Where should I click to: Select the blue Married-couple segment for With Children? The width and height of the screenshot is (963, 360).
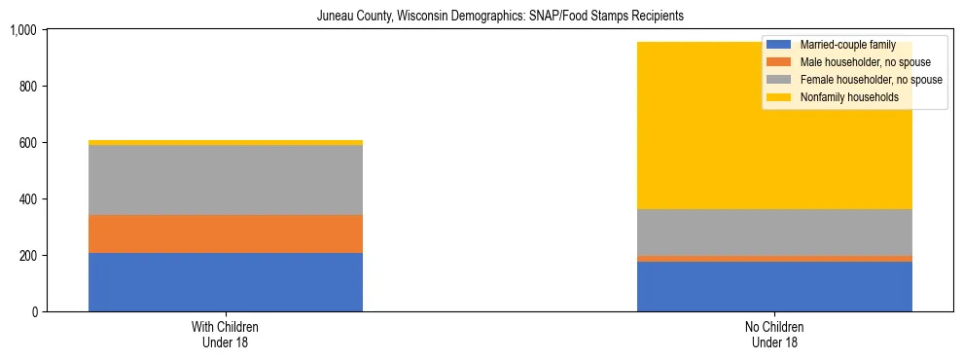tap(226, 282)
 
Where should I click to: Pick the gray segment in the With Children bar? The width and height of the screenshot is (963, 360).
tap(226, 180)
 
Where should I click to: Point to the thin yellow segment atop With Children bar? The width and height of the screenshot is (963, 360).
tap(226, 143)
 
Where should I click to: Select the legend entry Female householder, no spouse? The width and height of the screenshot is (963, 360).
tap(870, 80)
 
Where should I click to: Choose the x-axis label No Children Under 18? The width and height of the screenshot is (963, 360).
tap(774, 335)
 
